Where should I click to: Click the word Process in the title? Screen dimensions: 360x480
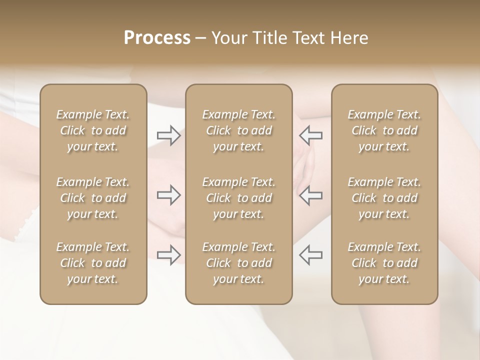[157, 38]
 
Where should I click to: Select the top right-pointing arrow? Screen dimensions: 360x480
[168, 135]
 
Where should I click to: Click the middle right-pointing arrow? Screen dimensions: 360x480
[168, 195]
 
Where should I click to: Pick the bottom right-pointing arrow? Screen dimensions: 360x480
[168, 255]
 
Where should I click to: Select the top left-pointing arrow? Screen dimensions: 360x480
[310, 135]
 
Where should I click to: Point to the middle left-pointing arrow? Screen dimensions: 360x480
[310, 195]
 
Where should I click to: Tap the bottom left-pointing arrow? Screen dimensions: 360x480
[310, 255]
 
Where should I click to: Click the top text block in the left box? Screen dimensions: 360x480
[93, 130]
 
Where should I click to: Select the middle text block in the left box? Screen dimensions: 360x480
[93, 198]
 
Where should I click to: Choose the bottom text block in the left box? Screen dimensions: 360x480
[93, 263]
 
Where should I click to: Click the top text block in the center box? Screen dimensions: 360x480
[238, 130]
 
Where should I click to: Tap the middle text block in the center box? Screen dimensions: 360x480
[238, 198]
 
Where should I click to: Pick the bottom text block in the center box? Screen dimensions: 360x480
[238, 263]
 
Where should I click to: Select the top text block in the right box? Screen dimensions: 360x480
[384, 130]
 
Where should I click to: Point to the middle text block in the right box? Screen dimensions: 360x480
[384, 198]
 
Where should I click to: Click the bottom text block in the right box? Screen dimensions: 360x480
[384, 263]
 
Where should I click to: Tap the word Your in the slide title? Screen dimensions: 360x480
[227, 38]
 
